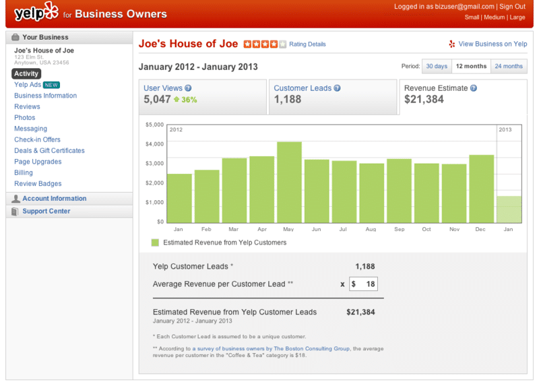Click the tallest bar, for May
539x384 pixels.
point(289,182)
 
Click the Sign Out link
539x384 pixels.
point(512,7)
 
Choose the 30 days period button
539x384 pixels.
point(436,66)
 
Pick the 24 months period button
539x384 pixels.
point(508,66)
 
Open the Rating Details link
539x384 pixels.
point(307,44)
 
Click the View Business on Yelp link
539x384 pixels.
point(493,44)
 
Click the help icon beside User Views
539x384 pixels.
point(189,88)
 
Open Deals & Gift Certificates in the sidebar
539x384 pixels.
point(49,151)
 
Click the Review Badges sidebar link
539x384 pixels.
point(38,184)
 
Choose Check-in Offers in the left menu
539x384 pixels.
point(37,140)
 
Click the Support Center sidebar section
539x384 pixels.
point(46,212)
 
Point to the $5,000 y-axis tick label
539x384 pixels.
point(155,125)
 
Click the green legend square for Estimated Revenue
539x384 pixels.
point(155,243)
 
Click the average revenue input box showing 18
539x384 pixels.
point(363,284)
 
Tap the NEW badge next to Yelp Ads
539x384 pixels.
point(52,85)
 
